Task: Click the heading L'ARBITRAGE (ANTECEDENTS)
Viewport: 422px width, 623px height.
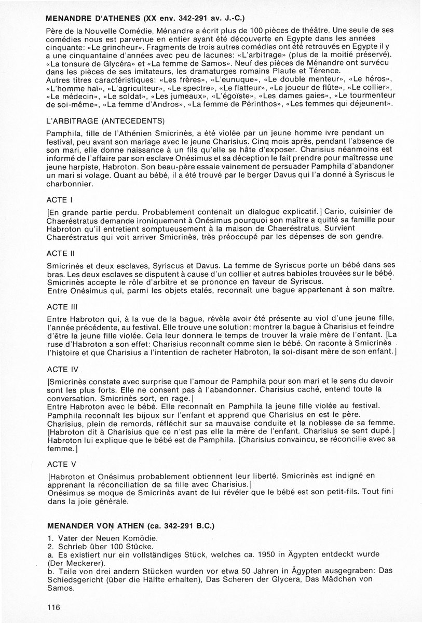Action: pyautogui.click(x=105, y=120)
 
